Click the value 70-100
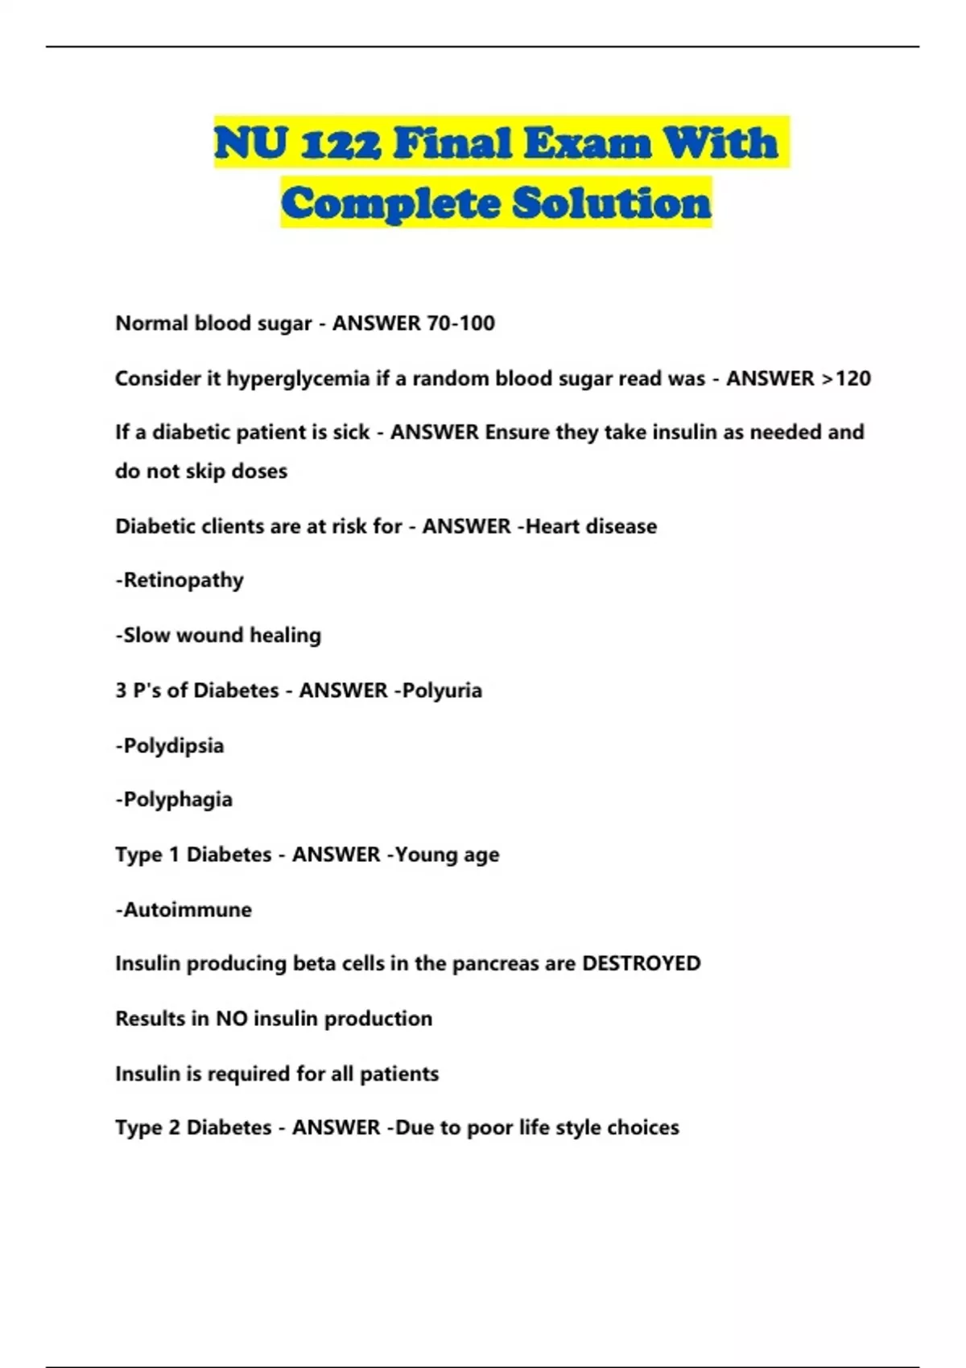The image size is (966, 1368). (460, 323)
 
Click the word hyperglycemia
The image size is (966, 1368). (298, 379)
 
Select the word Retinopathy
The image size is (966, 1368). (183, 580)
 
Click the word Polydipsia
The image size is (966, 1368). (173, 746)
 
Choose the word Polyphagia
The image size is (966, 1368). (177, 800)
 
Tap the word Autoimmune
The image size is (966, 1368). (187, 910)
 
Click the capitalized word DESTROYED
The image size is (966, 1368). (641, 963)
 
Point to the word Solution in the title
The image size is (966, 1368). (612, 203)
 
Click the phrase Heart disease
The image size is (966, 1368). (591, 526)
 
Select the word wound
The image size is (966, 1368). (210, 636)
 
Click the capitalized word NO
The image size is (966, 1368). (231, 1019)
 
